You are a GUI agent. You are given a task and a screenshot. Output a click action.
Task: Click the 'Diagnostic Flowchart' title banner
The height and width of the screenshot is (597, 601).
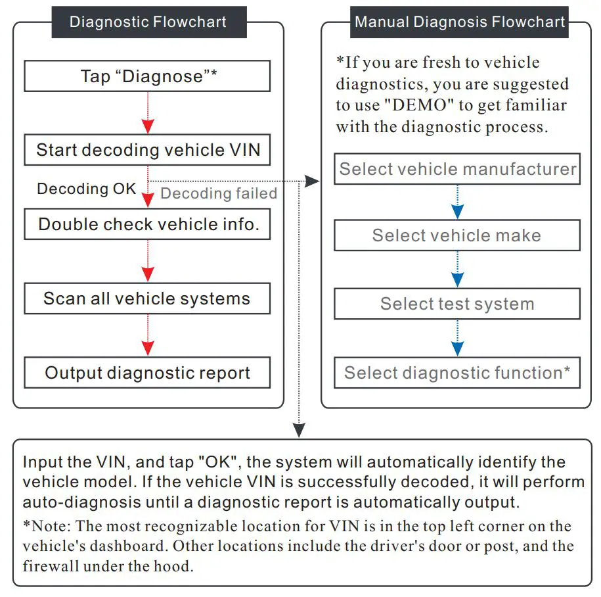[148, 22]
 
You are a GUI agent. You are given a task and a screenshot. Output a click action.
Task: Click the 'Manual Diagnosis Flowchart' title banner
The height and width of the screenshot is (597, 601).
[460, 22]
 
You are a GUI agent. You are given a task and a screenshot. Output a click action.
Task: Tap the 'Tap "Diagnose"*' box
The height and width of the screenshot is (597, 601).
[148, 76]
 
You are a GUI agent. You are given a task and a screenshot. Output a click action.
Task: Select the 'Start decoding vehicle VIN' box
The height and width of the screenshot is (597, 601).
[148, 150]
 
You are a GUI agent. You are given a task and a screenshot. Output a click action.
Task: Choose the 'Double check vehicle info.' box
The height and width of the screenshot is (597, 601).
[148, 224]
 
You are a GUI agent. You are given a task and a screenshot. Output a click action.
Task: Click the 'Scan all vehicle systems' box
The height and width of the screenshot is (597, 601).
[148, 298]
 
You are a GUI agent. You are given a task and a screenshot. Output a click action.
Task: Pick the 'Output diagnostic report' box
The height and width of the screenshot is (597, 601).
[148, 373]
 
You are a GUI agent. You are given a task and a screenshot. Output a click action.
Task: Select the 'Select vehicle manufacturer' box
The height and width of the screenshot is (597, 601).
[457, 169]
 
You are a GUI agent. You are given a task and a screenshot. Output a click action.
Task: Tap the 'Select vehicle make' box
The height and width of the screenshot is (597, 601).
[457, 235]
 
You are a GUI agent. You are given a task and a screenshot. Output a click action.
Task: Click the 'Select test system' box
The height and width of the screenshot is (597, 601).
[457, 304]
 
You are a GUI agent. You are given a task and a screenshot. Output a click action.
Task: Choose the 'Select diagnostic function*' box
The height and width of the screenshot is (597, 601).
[457, 373]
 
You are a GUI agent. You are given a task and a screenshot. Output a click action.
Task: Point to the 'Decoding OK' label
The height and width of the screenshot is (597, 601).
[86, 189]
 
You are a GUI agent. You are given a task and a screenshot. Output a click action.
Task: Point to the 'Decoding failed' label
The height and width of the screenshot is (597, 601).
[218, 193]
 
